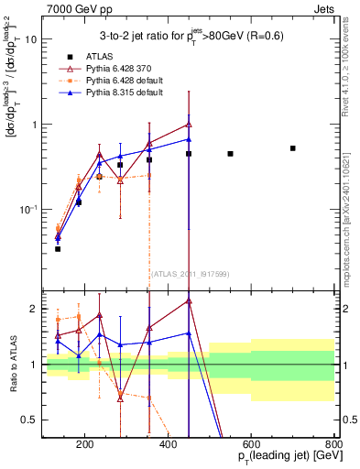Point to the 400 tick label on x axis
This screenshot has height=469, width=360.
click(x=168, y=447)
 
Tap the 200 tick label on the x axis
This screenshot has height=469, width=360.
click(x=84, y=447)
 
